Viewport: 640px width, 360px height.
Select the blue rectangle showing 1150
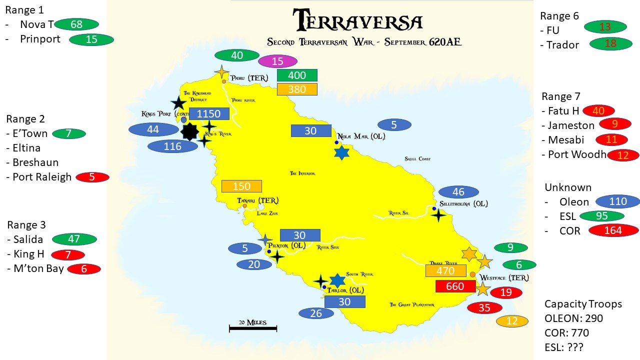click(x=208, y=113)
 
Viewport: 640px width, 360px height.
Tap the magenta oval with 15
click(x=277, y=61)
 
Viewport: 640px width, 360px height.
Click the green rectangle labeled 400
click(x=297, y=75)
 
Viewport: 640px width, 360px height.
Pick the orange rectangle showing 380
click(x=297, y=89)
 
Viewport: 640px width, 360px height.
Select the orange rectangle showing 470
click(x=445, y=271)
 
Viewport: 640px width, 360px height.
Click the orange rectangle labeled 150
click(x=241, y=186)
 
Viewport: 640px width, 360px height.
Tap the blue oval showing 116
click(x=172, y=146)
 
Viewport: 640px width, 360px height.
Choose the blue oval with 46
click(x=458, y=192)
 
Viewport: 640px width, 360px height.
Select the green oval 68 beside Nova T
click(x=76, y=24)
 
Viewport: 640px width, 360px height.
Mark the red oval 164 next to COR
click(x=613, y=230)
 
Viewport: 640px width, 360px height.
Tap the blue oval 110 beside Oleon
click(x=618, y=201)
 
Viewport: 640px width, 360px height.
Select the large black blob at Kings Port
click(x=189, y=132)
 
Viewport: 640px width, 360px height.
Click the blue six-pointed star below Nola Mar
click(x=341, y=152)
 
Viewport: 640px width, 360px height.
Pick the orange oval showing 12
click(x=511, y=321)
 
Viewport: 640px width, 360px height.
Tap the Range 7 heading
click(x=560, y=96)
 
